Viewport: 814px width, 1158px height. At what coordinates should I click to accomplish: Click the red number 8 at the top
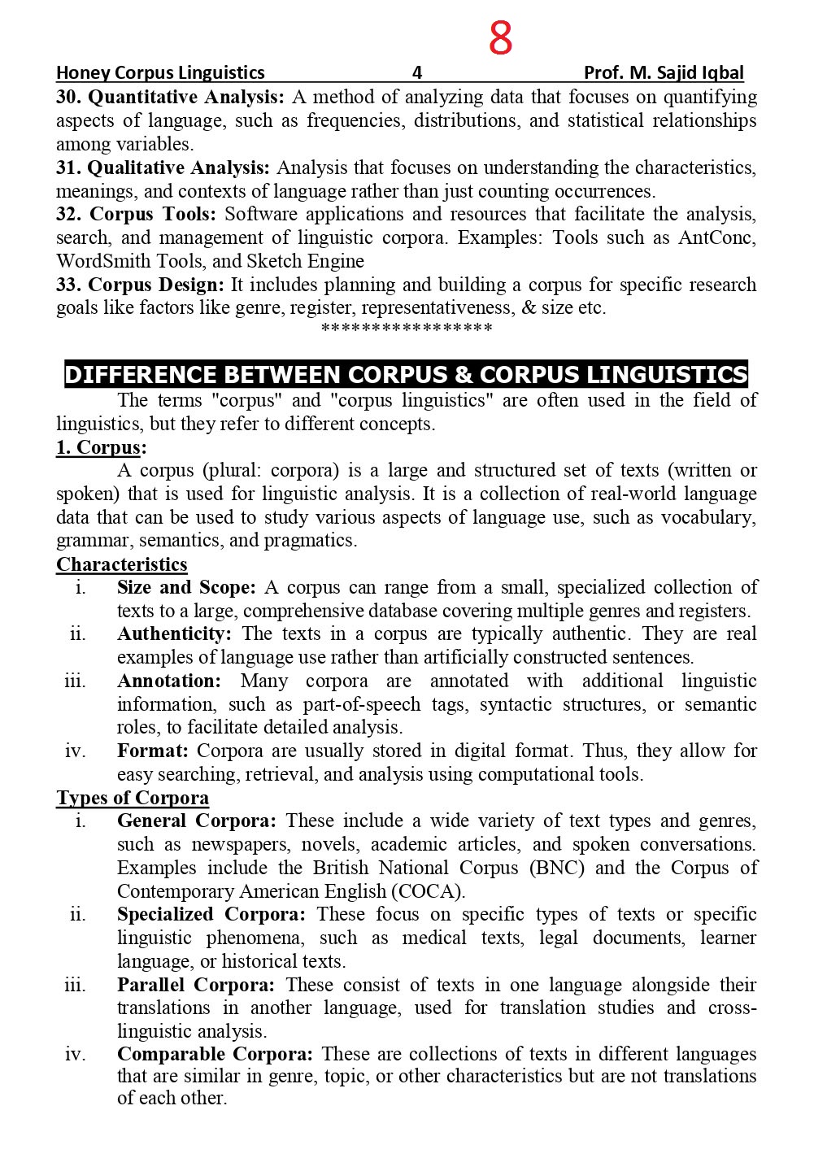click(500, 38)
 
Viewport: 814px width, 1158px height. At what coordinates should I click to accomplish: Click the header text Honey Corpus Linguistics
click(160, 72)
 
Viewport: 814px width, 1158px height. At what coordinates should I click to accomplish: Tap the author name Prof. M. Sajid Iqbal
click(664, 72)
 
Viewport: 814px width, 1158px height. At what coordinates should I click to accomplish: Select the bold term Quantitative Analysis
click(185, 98)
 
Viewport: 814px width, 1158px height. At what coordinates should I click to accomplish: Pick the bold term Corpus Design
click(155, 285)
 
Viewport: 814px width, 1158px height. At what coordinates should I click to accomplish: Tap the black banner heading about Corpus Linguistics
click(406, 375)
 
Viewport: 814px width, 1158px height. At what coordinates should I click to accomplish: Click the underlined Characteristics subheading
click(122, 565)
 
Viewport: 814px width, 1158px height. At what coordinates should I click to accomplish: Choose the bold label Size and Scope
click(186, 588)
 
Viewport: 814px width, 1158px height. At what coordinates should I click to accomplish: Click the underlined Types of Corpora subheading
click(133, 799)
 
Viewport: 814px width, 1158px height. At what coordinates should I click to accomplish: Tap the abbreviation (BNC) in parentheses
click(557, 868)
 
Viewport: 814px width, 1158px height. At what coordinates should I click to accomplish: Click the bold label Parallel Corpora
click(196, 986)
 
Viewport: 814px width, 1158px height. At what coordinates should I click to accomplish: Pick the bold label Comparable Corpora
click(215, 1055)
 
